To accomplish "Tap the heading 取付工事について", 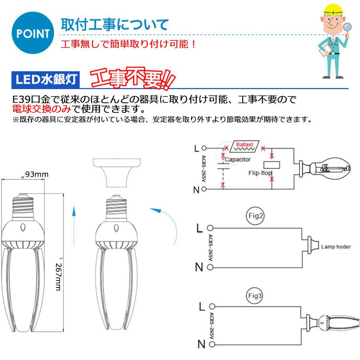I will coord(114,25).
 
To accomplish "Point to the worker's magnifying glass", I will coord(347,28).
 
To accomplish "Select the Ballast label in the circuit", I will coord(244,144).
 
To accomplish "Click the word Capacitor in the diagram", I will coord(238,160).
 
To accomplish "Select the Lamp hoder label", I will coord(336,247).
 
